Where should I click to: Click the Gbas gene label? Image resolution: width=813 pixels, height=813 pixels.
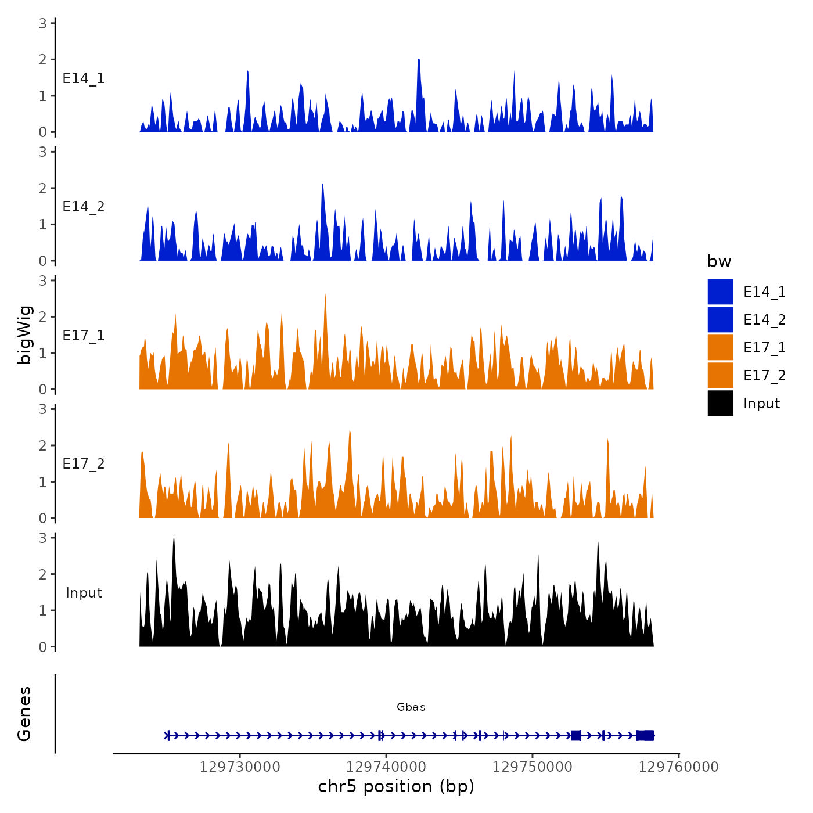[x=411, y=707]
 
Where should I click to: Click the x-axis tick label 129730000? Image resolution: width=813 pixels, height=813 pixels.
[x=240, y=767]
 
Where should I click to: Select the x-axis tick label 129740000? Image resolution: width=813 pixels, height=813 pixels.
[x=386, y=767]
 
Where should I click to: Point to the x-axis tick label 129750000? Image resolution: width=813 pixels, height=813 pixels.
[x=533, y=767]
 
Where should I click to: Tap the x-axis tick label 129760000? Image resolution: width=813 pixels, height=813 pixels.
[x=679, y=767]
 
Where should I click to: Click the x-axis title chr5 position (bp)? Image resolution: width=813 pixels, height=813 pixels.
[x=396, y=786]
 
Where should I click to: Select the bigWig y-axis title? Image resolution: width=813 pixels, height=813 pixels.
[x=24, y=334]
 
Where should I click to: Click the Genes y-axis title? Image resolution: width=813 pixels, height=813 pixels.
[x=24, y=714]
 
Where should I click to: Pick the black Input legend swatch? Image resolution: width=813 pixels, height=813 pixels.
[x=720, y=403]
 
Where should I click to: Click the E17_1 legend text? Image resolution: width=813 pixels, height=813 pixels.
[x=764, y=347]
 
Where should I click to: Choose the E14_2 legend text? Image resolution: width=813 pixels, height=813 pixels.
[x=764, y=319]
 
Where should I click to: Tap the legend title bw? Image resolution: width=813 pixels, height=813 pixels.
[x=719, y=261]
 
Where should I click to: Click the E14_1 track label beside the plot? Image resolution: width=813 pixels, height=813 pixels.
[x=84, y=78]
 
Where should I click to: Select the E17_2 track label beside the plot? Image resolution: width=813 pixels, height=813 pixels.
[x=84, y=464]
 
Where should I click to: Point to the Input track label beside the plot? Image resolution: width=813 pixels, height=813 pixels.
[x=84, y=593]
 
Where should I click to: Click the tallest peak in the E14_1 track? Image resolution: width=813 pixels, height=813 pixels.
[x=419, y=61]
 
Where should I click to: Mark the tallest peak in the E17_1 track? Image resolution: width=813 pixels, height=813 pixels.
[x=325, y=296]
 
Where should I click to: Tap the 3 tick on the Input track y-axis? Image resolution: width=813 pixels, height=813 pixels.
[x=43, y=538]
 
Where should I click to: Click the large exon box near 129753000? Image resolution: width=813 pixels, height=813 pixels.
[x=576, y=736]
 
